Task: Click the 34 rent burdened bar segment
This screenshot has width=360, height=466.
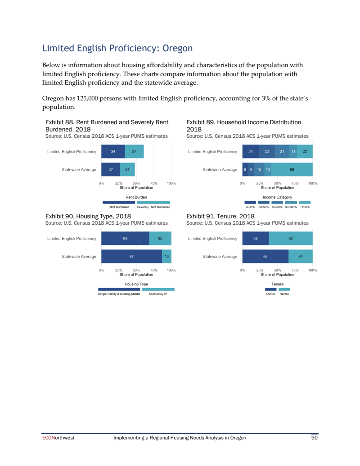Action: click(x=113, y=151)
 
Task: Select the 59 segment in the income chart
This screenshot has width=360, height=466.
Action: click(x=292, y=169)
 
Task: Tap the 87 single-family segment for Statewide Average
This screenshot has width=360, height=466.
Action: click(x=131, y=256)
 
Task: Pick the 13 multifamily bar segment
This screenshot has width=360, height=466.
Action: click(x=166, y=256)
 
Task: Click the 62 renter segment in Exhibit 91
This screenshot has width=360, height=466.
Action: click(x=291, y=238)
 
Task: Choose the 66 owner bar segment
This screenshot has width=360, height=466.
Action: click(x=265, y=256)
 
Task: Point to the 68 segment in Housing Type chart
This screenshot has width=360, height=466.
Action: click(x=125, y=238)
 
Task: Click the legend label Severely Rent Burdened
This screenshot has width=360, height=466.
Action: click(x=153, y=207)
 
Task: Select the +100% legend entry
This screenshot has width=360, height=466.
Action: click(x=305, y=207)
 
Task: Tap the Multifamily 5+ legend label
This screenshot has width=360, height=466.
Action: click(x=158, y=294)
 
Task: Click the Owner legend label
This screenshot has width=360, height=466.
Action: click(x=270, y=294)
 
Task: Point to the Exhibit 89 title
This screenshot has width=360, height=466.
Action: click(x=244, y=125)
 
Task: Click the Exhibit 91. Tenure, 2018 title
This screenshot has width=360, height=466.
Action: click(x=220, y=216)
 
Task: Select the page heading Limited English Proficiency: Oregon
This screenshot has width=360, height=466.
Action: click(x=117, y=48)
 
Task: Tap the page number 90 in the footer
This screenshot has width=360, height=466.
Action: click(x=315, y=438)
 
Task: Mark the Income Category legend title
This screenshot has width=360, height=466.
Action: click(x=277, y=197)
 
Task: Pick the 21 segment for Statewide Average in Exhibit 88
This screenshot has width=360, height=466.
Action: click(x=127, y=169)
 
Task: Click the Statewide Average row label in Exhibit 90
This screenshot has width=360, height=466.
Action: click(x=79, y=256)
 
